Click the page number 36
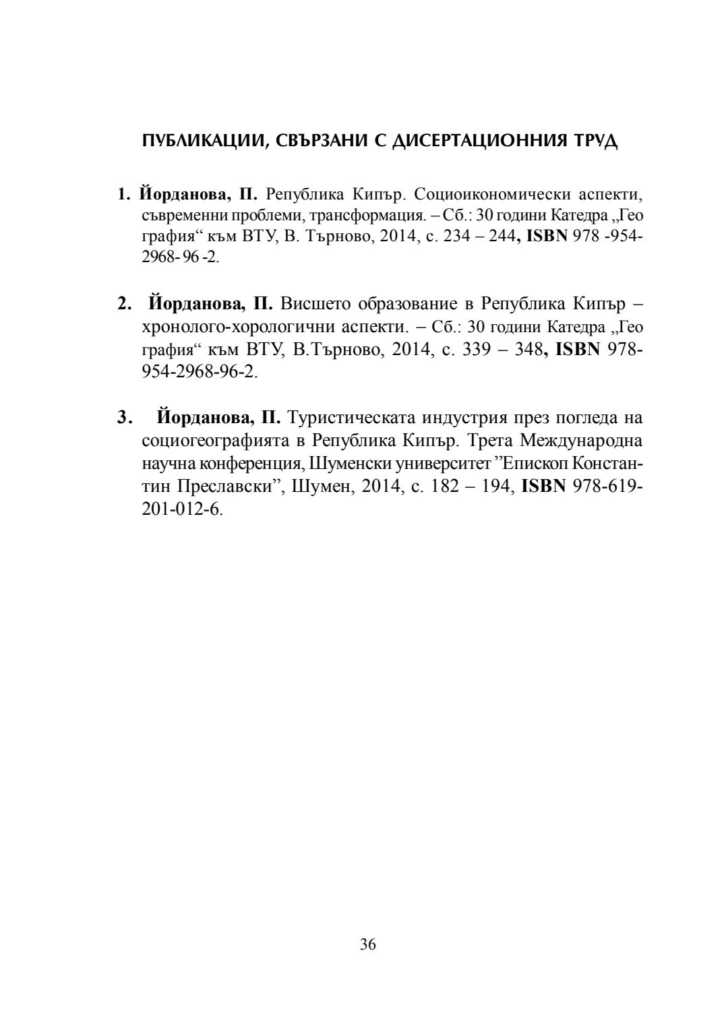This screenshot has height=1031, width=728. pos(368,944)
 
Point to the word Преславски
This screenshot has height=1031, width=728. pos(229,487)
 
